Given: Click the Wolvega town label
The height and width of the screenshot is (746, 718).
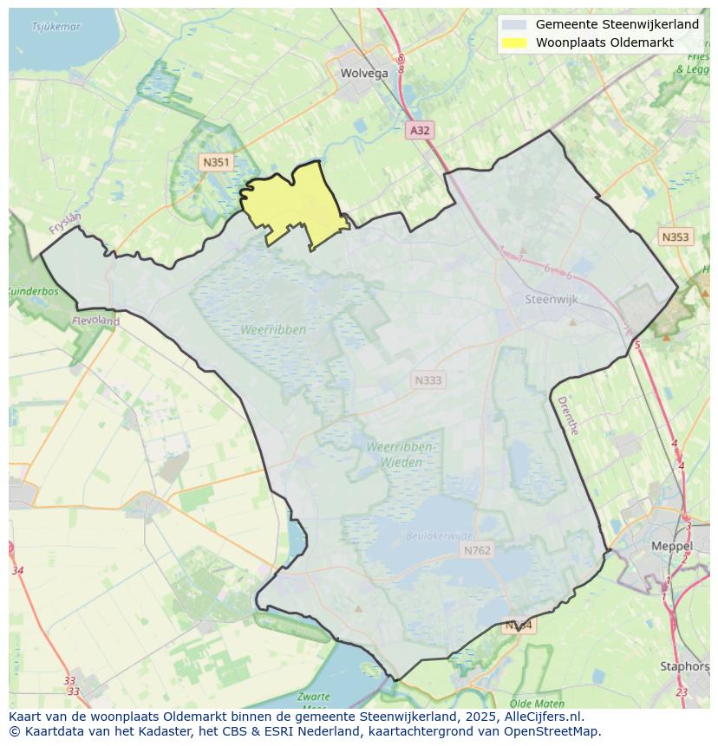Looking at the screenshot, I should click(364, 74).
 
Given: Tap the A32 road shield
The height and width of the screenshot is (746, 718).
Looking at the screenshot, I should click(420, 130).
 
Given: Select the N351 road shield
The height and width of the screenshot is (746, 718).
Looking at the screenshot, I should click(215, 162).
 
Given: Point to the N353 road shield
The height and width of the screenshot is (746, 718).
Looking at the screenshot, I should click(676, 237).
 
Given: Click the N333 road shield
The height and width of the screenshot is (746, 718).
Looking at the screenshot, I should click(428, 380).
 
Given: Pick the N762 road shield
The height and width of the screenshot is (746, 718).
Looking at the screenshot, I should click(476, 550).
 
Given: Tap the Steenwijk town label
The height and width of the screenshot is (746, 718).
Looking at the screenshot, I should click(552, 300).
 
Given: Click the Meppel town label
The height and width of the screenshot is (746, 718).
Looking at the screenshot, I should click(672, 547).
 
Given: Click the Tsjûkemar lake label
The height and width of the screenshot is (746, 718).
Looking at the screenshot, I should click(55, 27).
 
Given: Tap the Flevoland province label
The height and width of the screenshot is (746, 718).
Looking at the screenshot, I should click(95, 321).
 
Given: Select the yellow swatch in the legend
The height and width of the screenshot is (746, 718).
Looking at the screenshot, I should click(513, 42).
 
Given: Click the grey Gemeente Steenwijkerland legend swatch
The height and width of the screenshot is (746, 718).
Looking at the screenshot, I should click(513, 24).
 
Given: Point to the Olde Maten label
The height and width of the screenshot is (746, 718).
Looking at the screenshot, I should click(538, 704).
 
